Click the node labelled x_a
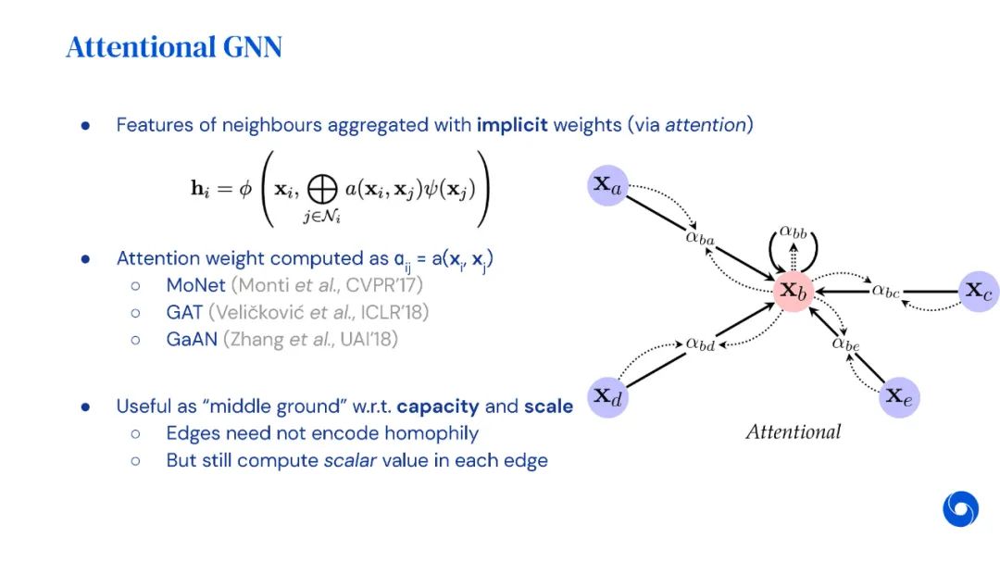(607, 185)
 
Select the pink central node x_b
(794, 291)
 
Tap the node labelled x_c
(979, 291)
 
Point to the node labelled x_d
(607, 396)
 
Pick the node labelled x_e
(899, 396)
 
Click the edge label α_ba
(700, 238)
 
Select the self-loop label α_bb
(793, 232)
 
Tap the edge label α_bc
(885, 291)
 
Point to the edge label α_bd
(700, 344)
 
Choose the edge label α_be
(845, 343)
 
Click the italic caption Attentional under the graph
(794, 431)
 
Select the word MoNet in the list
(195, 285)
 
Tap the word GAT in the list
(183, 312)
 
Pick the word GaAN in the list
(192, 339)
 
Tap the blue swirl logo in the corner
(960, 509)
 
